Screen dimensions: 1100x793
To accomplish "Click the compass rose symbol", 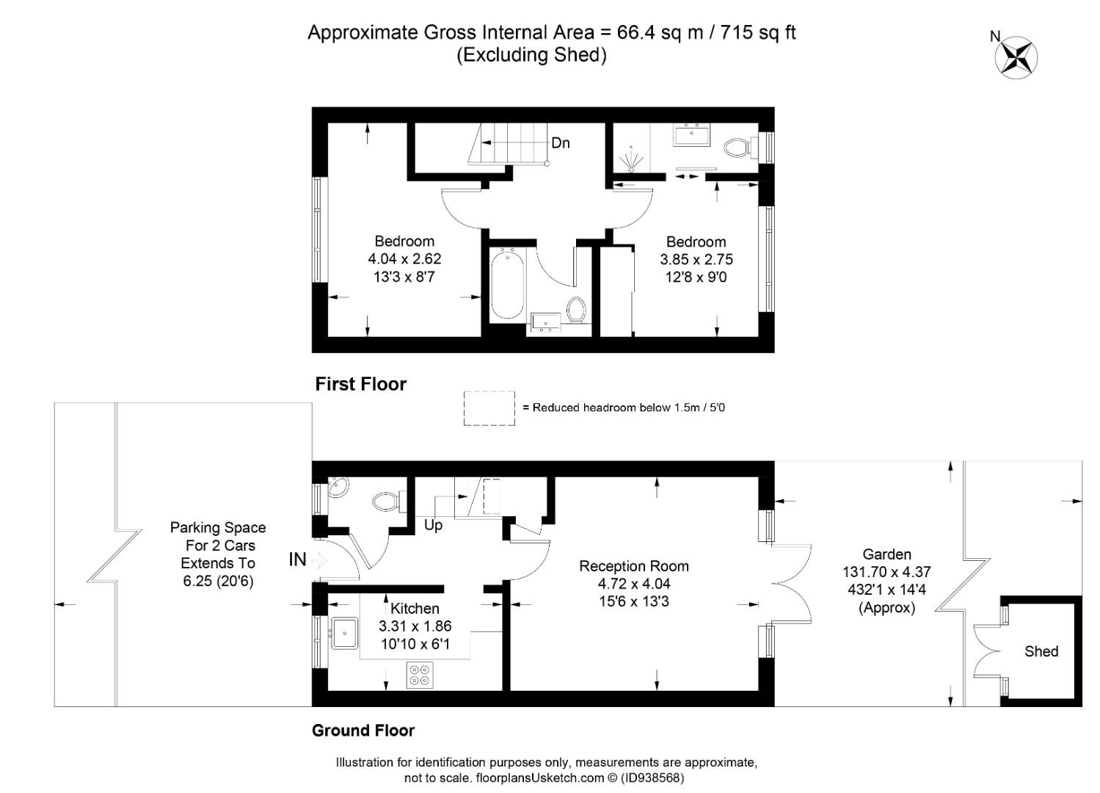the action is (1016, 58).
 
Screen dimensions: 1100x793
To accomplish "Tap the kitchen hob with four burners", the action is (420, 675).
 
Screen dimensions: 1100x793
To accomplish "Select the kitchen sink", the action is (345, 634).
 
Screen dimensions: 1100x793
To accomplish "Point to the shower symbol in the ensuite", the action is (632, 159).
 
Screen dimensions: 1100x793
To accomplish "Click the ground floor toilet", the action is (390, 501).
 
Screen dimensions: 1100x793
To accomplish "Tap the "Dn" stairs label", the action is (561, 143).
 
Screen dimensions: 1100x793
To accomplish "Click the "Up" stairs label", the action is (433, 525).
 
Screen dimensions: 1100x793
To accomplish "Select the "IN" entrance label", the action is (298, 559).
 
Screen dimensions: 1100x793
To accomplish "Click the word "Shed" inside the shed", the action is (1041, 651).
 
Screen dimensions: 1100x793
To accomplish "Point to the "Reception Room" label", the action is (634, 566).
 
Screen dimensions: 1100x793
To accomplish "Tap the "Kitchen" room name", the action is (415, 608).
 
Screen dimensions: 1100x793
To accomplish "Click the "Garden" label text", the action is (887, 554).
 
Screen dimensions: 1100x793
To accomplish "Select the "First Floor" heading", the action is (361, 384).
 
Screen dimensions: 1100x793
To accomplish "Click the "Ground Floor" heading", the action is (363, 731).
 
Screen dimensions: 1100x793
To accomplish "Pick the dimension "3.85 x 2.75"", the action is (696, 259).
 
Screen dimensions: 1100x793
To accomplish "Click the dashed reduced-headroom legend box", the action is (489, 408).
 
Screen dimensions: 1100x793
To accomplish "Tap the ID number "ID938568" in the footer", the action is (652, 778).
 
